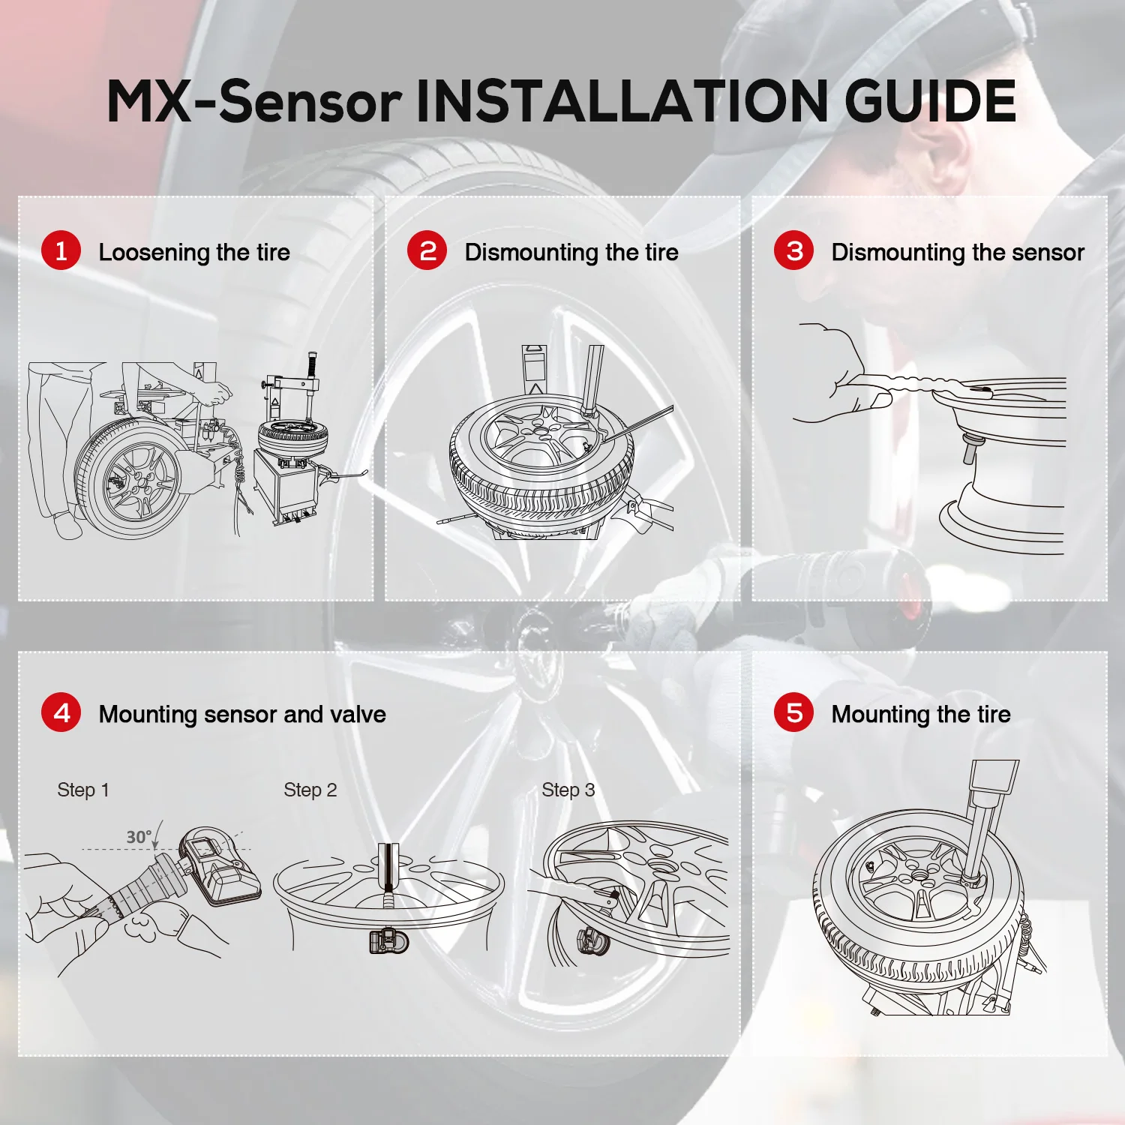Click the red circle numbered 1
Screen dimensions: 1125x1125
[61, 250]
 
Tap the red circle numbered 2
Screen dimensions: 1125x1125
[427, 250]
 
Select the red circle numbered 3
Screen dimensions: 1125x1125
[793, 250]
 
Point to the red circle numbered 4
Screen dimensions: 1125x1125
[61, 712]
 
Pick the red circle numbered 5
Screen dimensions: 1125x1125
[793, 712]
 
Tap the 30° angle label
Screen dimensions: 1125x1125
[139, 837]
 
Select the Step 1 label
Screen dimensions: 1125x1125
[83, 790]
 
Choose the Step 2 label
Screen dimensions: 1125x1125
[310, 790]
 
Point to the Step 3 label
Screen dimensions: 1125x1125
[568, 790]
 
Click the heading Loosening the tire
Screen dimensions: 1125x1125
[194, 253]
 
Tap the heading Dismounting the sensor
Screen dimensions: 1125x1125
[958, 253]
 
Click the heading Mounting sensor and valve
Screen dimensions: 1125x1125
[242, 715]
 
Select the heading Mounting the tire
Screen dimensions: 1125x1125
[921, 715]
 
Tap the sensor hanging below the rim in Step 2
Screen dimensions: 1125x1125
[389, 940]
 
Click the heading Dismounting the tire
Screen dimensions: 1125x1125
[571, 253]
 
